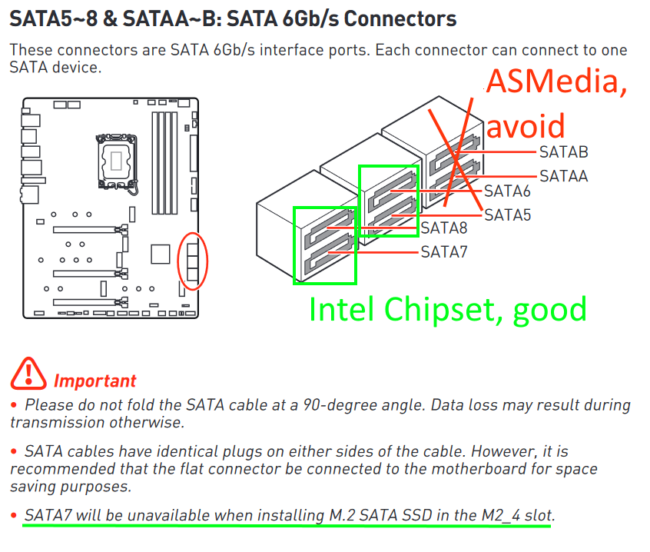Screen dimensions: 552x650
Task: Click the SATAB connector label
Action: pos(563,152)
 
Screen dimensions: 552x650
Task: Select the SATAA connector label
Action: pos(563,176)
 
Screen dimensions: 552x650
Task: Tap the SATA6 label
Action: pos(507,191)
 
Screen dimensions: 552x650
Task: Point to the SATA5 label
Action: pos(507,215)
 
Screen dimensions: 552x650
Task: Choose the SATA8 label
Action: pos(443,228)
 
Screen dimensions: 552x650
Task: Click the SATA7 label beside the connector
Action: pos(443,251)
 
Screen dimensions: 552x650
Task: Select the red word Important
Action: pos(95,381)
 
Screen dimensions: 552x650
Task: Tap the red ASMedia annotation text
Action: pos(557,81)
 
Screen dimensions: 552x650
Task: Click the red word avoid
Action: pos(527,125)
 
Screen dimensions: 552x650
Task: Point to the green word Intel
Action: pos(342,309)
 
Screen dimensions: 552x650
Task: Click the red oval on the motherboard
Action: pos(192,261)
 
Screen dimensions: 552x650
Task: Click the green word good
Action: pos(549,309)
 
